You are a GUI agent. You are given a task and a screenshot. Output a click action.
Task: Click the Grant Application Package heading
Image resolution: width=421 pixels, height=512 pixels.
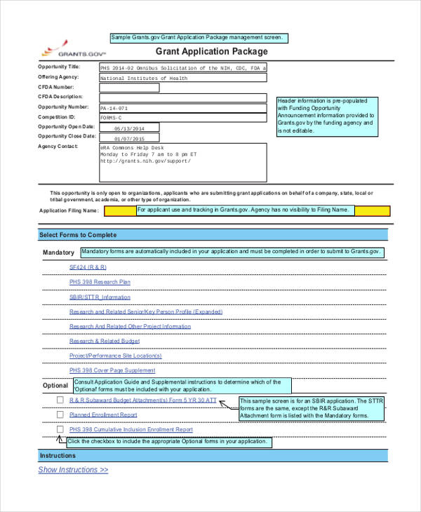[211, 52]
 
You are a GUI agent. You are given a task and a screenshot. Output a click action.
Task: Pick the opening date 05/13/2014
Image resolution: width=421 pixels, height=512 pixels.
[129, 128]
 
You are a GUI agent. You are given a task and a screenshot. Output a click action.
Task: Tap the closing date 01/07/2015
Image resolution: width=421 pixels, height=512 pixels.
[129, 138]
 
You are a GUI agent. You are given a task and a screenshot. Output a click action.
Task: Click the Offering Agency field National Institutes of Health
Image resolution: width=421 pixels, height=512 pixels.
[182, 79]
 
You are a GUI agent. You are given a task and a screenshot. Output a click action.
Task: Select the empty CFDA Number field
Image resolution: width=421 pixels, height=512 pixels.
[182, 88]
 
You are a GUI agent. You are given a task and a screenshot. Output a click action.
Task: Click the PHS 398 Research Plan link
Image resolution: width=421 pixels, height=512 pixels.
[100, 282]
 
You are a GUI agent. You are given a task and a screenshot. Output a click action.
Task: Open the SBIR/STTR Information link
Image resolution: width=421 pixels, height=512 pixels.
[100, 297]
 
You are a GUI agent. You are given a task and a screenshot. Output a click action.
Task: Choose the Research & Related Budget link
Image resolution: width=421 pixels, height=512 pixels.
[105, 341]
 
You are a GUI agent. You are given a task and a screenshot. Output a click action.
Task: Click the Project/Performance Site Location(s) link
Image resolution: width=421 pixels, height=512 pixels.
[112, 356]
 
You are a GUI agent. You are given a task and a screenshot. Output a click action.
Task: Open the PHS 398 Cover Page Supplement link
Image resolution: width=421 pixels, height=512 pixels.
[112, 370]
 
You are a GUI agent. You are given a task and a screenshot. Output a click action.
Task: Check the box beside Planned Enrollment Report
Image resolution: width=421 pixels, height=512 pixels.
[60, 415]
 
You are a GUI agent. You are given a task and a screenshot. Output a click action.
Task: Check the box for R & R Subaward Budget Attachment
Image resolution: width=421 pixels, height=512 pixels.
[60, 400]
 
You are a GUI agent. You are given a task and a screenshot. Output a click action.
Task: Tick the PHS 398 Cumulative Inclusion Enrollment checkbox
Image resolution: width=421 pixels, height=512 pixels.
[60, 429]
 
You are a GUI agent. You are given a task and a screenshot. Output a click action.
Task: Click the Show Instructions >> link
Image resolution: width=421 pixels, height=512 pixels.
[73, 470]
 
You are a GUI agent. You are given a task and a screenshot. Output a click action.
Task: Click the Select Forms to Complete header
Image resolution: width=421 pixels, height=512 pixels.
[78, 235]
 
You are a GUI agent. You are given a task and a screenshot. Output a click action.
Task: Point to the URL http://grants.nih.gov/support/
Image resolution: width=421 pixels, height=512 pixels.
[145, 161]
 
